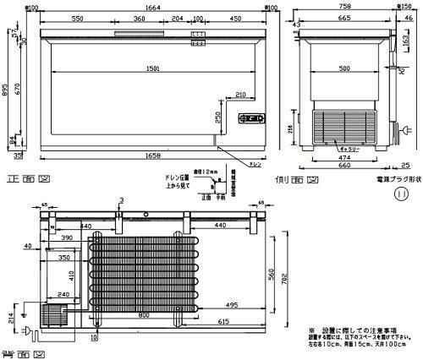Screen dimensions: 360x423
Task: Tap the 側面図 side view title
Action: pyautogui.click(x=294, y=180)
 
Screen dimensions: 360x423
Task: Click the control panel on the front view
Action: pyautogui.click(x=252, y=117)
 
